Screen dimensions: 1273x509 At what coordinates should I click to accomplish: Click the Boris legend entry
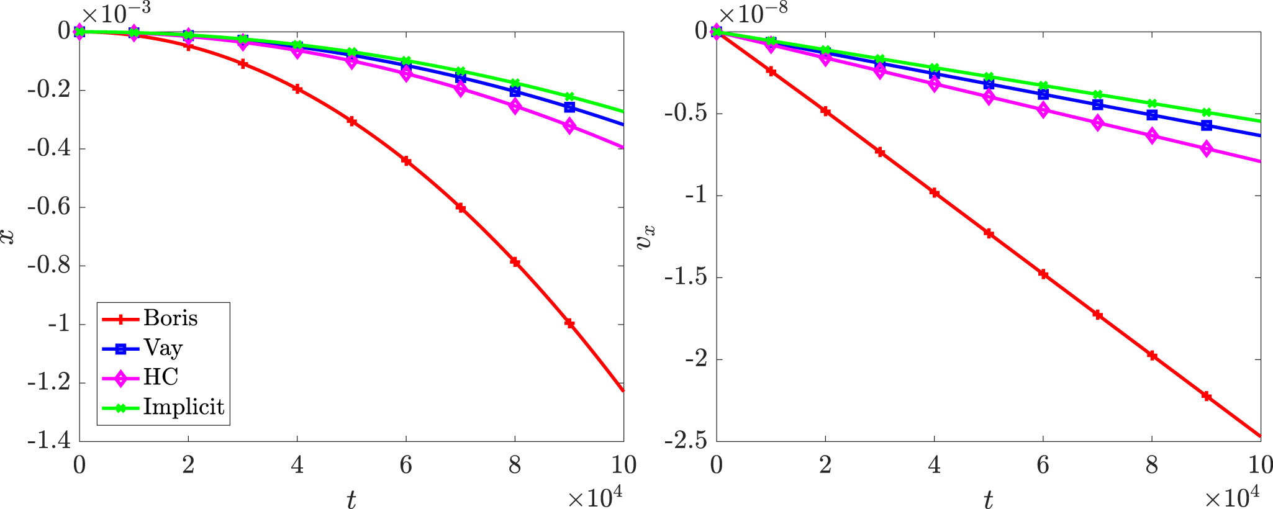[x=150, y=318]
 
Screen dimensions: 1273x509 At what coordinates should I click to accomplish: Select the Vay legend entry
[x=142, y=348]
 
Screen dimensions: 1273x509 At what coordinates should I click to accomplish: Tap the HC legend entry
[x=140, y=377]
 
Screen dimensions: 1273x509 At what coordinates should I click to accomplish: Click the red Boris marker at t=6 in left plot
[x=406, y=161]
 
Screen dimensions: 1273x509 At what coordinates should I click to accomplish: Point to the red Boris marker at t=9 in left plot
[x=569, y=323]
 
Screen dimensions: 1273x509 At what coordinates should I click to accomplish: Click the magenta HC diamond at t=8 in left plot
[x=515, y=106]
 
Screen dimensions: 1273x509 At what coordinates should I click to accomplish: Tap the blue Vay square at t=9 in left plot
[x=569, y=107]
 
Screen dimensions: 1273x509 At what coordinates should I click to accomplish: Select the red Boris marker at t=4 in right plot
[x=934, y=192]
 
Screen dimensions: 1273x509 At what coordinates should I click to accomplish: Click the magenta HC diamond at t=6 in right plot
[x=1043, y=110]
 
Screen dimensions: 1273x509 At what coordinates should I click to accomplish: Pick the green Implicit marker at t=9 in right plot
[x=1207, y=112]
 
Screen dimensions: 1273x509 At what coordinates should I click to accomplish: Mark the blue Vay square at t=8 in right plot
[x=1152, y=115]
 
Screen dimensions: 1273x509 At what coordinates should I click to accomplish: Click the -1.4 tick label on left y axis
[x=48, y=441]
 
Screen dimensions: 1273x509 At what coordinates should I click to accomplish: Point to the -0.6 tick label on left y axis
[x=48, y=207]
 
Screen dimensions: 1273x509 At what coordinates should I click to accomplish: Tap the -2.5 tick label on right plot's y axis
[x=686, y=441]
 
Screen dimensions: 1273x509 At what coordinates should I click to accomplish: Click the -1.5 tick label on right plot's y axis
[x=686, y=277]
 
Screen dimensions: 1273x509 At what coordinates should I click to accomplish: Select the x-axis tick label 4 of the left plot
[x=297, y=465]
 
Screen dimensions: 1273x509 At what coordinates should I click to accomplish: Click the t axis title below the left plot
[x=351, y=499]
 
